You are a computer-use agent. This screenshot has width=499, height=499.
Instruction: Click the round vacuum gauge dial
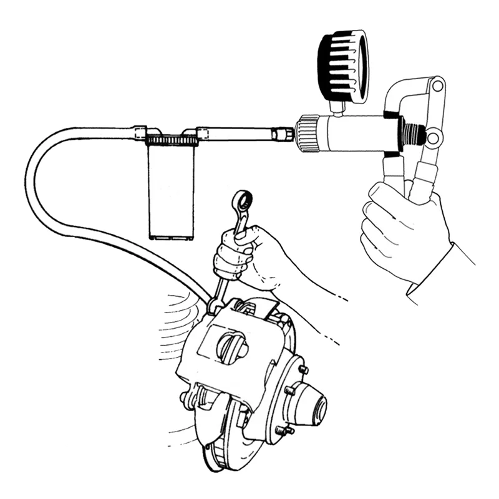(x=342, y=65)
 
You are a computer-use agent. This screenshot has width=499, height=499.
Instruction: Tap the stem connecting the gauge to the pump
(x=337, y=109)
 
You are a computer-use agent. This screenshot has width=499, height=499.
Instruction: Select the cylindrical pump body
(x=352, y=132)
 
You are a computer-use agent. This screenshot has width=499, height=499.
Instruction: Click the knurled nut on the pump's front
(x=305, y=133)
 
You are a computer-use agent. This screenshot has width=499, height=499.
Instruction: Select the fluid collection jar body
(x=170, y=190)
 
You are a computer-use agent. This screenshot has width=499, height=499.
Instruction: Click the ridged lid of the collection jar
(x=172, y=142)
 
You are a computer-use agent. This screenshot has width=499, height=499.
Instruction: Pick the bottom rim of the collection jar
(x=170, y=236)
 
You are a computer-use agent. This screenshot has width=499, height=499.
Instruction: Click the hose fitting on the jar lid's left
(x=140, y=132)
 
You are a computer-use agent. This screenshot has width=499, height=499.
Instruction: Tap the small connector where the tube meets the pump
(x=284, y=133)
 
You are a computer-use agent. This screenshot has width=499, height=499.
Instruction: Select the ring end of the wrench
(x=241, y=201)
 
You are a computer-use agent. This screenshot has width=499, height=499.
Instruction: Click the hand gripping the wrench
(x=246, y=253)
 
